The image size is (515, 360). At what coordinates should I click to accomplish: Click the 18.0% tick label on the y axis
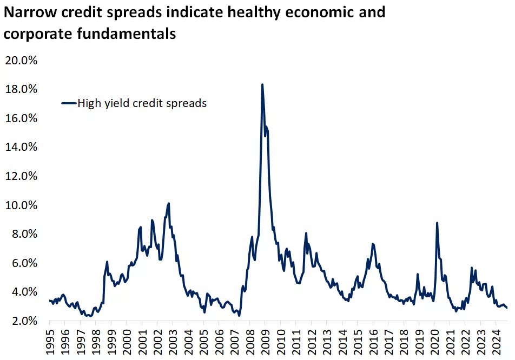(x=20, y=89)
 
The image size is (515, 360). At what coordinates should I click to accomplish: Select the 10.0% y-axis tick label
(x=20, y=205)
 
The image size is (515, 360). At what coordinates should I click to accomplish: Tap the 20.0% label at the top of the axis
(x=20, y=60)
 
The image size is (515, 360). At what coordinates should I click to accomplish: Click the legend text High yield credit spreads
(x=142, y=103)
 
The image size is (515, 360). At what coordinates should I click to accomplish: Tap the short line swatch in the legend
(x=68, y=103)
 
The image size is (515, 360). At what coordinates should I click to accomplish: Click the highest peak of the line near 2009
(x=262, y=84)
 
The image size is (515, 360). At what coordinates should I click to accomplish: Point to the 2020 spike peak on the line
(x=437, y=223)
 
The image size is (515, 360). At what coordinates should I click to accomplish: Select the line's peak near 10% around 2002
(x=169, y=203)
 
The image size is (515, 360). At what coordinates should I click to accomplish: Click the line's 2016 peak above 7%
(x=373, y=244)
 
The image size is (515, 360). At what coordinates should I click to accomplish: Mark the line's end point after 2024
(x=507, y=308)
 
